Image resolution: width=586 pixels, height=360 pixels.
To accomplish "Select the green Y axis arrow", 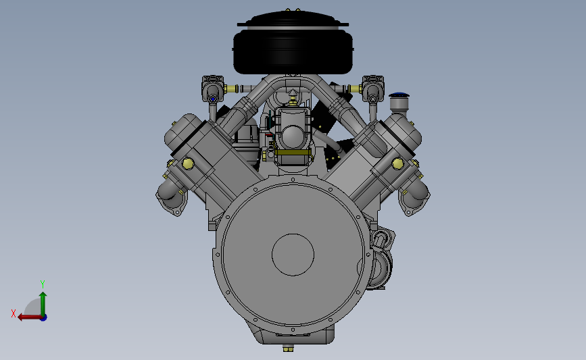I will pyautogui.click(x=43, y=301).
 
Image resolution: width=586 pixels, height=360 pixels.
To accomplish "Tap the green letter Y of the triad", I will pyautogui.click(x=42, y=284).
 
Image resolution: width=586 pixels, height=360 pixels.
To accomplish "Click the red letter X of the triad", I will pyautogui.click(x=13, y=313).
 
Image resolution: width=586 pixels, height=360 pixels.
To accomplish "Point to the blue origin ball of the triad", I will pyautogui.click(x=43, y=317).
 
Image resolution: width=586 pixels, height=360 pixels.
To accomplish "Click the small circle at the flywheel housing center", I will pyautogui.click(x=293, y=255).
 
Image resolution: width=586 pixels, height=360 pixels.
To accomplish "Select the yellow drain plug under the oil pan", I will pyautogui.click(x=289, y=349).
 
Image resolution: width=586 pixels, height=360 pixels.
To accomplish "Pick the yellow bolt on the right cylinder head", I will pyautogui.click(x=398, y=163).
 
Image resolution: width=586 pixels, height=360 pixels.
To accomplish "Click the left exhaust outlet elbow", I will pyautogui.click(x=169, y=195).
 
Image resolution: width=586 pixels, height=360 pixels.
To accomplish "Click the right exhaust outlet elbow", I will pyautogui.click(x=415, y=195).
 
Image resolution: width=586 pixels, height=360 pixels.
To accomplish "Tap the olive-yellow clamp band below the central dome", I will pyautogui.click(x=293, y=153).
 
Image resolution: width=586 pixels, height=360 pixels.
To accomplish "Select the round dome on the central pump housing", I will pyautogui.click(x=293, y=137).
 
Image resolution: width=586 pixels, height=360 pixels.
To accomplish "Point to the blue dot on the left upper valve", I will pyautogui.click(x=213, y=99).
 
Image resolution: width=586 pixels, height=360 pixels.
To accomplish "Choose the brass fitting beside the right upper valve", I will pyautogui.click(x=354, y=88).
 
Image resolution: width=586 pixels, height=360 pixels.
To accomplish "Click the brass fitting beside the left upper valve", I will pyautogui.click(x=232, y=88).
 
